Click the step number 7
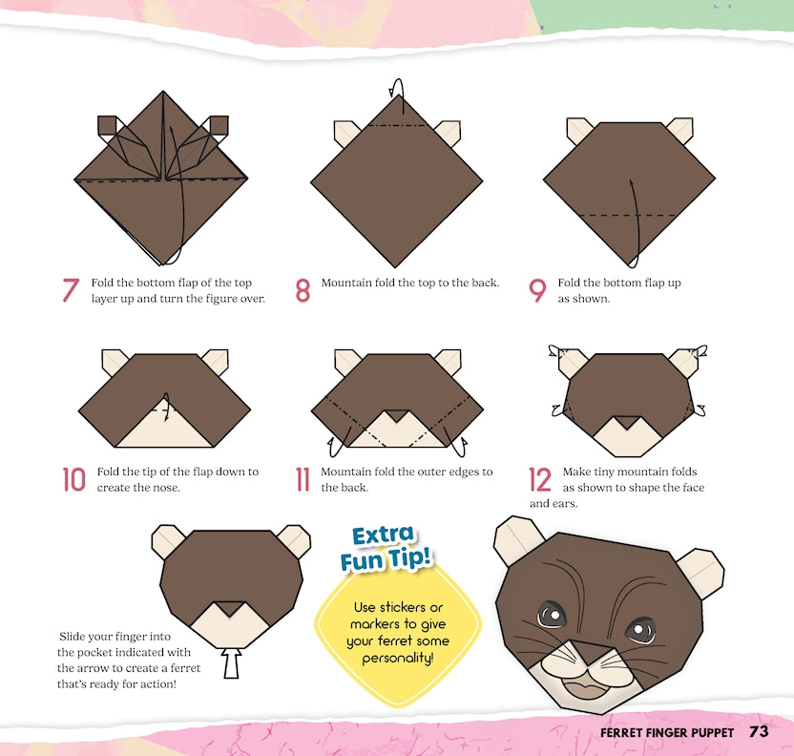(71, 290)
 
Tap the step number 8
(303, 290)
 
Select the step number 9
(537, 290)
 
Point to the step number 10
(73, 479)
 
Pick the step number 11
(303, 479)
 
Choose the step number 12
(540, 479)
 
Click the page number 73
(759, 732)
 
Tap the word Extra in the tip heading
(383, 535)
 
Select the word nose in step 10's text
(167, 488)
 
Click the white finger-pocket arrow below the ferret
(231, 662)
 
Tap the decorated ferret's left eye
(552, 616)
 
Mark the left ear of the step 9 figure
(578, 130)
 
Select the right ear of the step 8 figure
(449, 133)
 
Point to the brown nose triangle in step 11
(397, 416)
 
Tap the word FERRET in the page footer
(619, 733)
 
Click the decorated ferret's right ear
(701, 573)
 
